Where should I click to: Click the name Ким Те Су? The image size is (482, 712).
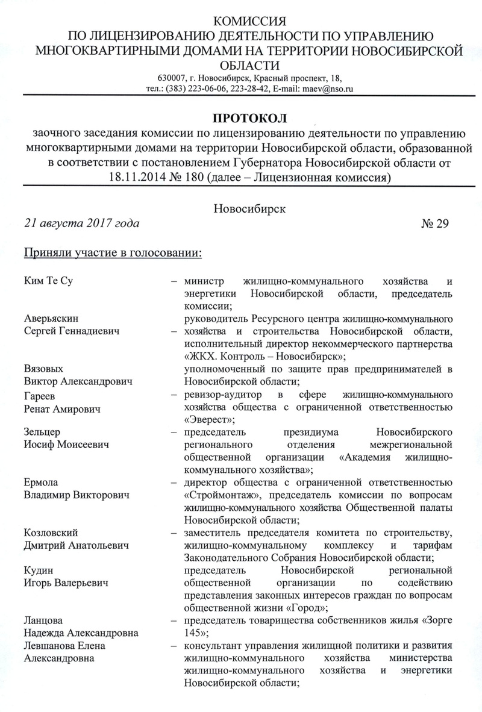[49, 282]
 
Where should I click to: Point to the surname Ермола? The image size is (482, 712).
[42, 482]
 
